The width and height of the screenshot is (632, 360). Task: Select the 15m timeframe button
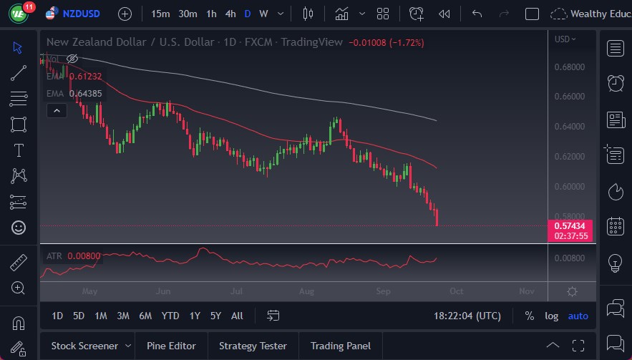(x=161, y=14)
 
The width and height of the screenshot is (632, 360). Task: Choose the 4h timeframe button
(x=230, y=14)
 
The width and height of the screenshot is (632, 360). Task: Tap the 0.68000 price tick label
(x=570, y=67)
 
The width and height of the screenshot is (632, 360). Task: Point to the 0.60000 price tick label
(x=570, y=187)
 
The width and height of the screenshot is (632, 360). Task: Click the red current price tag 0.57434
(x=570, y=225)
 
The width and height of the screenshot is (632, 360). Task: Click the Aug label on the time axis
(x=307, y=291)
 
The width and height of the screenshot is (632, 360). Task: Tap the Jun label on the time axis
(x=163, y=291)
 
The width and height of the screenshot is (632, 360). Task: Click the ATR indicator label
(x=54, y=256)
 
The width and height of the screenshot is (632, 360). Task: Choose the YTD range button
(x=170, y=316)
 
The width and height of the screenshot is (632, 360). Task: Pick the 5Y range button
(x=215, y=316)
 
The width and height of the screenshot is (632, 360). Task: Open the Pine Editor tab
(x=171, y=346)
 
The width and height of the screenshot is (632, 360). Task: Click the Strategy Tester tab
(x=253, y=346)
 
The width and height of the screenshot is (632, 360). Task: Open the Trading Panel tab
(x=340, y=346)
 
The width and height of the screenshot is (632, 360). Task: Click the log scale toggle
(x=551, y=316)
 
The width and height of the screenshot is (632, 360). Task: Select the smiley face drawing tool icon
(x=19, y=228)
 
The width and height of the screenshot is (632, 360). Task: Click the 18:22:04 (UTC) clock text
(x=467, y=316)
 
